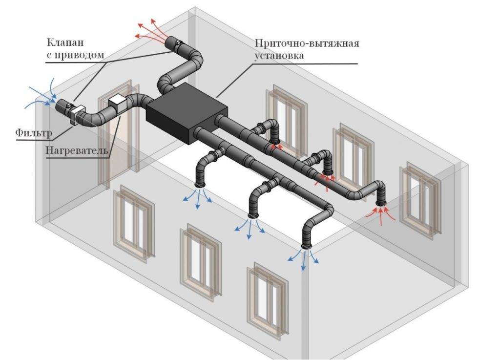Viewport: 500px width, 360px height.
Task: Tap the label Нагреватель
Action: (77, 150)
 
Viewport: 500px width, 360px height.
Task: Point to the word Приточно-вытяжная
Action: (307, 43)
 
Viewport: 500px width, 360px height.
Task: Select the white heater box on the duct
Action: (117, 103)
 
